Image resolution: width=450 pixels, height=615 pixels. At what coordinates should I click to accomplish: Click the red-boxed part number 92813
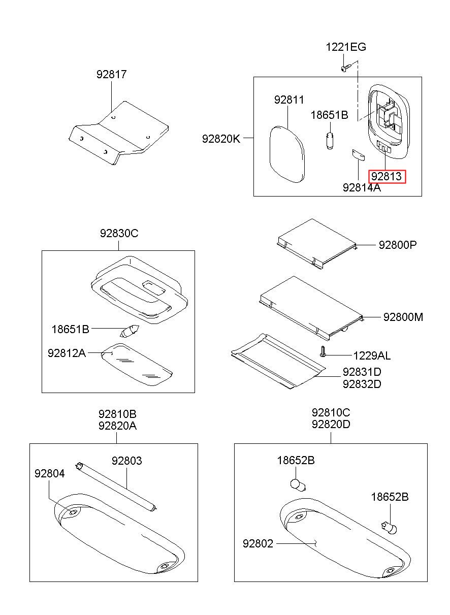click(386, 176)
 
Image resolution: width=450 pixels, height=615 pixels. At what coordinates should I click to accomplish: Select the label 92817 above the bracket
click(111, 75)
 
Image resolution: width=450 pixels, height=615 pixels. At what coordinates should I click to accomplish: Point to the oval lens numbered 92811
click(287, 154)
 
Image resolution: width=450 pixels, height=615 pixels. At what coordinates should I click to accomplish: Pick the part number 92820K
click(221, 139)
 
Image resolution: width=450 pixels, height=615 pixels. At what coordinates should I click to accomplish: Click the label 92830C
click(119, 234)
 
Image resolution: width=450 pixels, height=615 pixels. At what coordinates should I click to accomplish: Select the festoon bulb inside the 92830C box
click(130, 331)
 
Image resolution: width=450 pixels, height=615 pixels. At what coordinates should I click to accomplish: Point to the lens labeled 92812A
click(137, 364)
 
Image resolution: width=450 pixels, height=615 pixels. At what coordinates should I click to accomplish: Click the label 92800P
click(398, 245)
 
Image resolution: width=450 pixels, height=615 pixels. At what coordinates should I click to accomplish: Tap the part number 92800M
click(403, 317)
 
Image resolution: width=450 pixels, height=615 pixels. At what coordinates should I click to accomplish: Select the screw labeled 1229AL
click(323, 351)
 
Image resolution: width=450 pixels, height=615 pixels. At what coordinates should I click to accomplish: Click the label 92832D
click(362, 384)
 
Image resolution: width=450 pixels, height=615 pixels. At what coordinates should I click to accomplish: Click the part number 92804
click(49, 473)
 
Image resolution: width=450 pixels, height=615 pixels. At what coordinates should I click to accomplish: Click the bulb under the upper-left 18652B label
click(298, 485)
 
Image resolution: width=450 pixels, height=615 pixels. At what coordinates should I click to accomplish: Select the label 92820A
click(117, 426)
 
